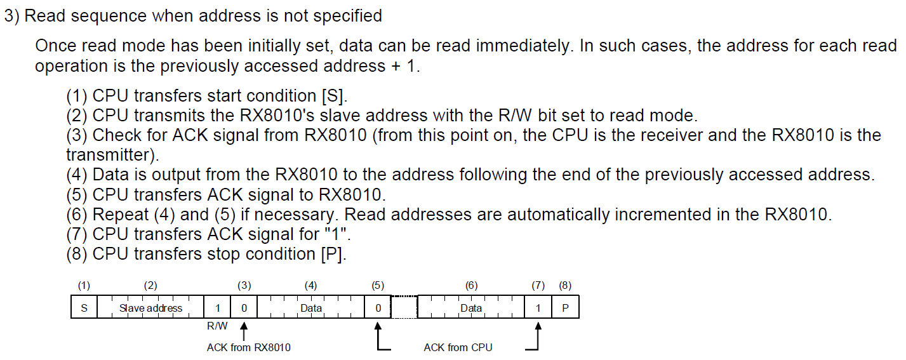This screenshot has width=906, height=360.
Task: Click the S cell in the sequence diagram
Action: coord(84,308)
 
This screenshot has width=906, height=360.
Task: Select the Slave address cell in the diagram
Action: coord(150,308)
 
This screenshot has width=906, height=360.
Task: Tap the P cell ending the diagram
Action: coord(565,308)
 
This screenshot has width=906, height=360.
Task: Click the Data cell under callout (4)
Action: coord(311,308)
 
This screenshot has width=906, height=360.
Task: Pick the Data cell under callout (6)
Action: coord(471,308)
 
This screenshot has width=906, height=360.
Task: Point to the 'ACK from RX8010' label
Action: coord(249,347)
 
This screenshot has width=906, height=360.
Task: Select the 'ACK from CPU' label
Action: coord(458,347)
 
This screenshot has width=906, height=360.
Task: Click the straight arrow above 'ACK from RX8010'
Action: coord(244,330)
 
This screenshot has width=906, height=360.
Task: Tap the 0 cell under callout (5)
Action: coord(378,308)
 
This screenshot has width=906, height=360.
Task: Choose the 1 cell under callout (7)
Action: coord(538,308)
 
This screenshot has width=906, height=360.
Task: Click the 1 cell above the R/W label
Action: coord(217,308)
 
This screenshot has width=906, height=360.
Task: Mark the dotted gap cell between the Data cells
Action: coord(404,308)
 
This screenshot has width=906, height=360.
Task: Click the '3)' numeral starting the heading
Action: coord(12,16)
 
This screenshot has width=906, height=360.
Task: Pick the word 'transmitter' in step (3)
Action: coord(112,155)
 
